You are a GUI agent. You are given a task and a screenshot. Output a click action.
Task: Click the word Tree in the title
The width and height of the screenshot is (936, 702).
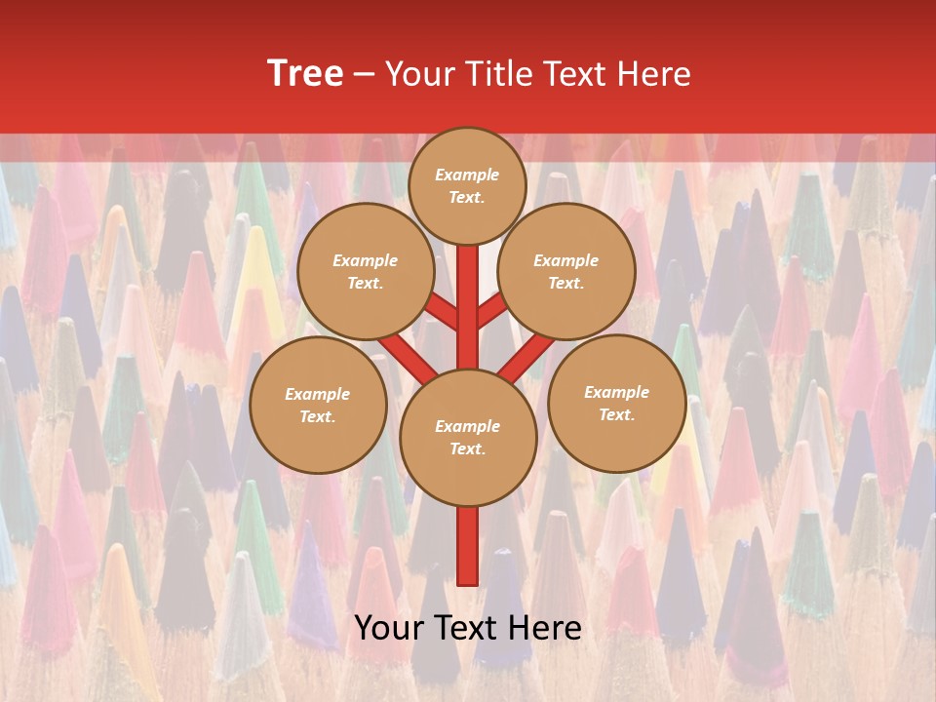click(x=305, y=73)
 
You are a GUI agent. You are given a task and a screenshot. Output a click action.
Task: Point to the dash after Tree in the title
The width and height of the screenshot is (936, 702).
click(x=365, y=74)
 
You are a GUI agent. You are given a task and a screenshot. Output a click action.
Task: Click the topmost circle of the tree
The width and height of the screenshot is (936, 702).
click(x=467, y=185)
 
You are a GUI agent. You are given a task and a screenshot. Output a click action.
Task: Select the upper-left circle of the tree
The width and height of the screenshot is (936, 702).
click(x=365, y=271)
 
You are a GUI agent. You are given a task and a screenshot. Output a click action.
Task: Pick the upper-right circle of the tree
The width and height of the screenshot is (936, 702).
click(x=565, y=271)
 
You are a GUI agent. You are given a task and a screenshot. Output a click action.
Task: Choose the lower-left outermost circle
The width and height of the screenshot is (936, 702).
click(x=318, y=405)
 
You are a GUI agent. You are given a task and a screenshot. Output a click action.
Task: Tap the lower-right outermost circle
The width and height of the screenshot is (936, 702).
click(x=616, y=403)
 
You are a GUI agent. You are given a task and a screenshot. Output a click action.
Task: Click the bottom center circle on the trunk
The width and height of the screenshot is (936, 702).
click(x=467, y=437)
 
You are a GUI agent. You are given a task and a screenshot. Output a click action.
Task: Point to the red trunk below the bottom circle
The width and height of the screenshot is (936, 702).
click(x=467, y=546)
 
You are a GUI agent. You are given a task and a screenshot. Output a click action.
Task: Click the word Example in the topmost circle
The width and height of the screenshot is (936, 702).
click(x=467, y=175)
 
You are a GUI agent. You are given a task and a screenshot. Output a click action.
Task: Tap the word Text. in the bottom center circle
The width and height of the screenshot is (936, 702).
click(x=467, y=448)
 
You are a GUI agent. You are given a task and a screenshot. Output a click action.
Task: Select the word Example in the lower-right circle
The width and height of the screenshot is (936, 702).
click(x=616, y=392)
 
